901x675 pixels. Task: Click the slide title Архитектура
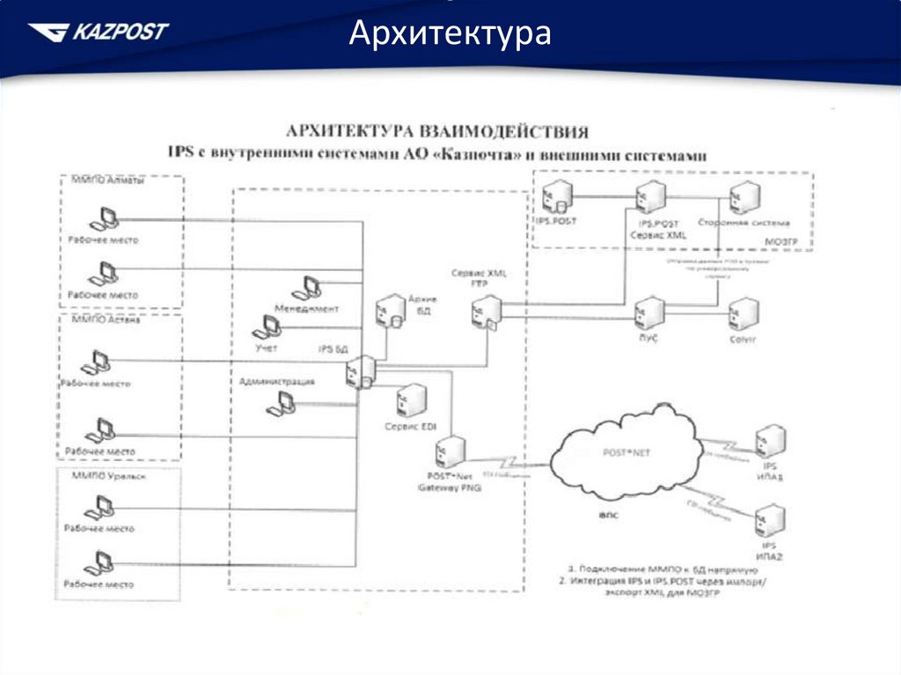point(450,34)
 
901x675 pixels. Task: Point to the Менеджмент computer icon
point(310,289)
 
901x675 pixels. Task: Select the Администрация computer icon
point(283,403)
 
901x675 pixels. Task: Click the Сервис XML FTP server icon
point(485,312)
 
